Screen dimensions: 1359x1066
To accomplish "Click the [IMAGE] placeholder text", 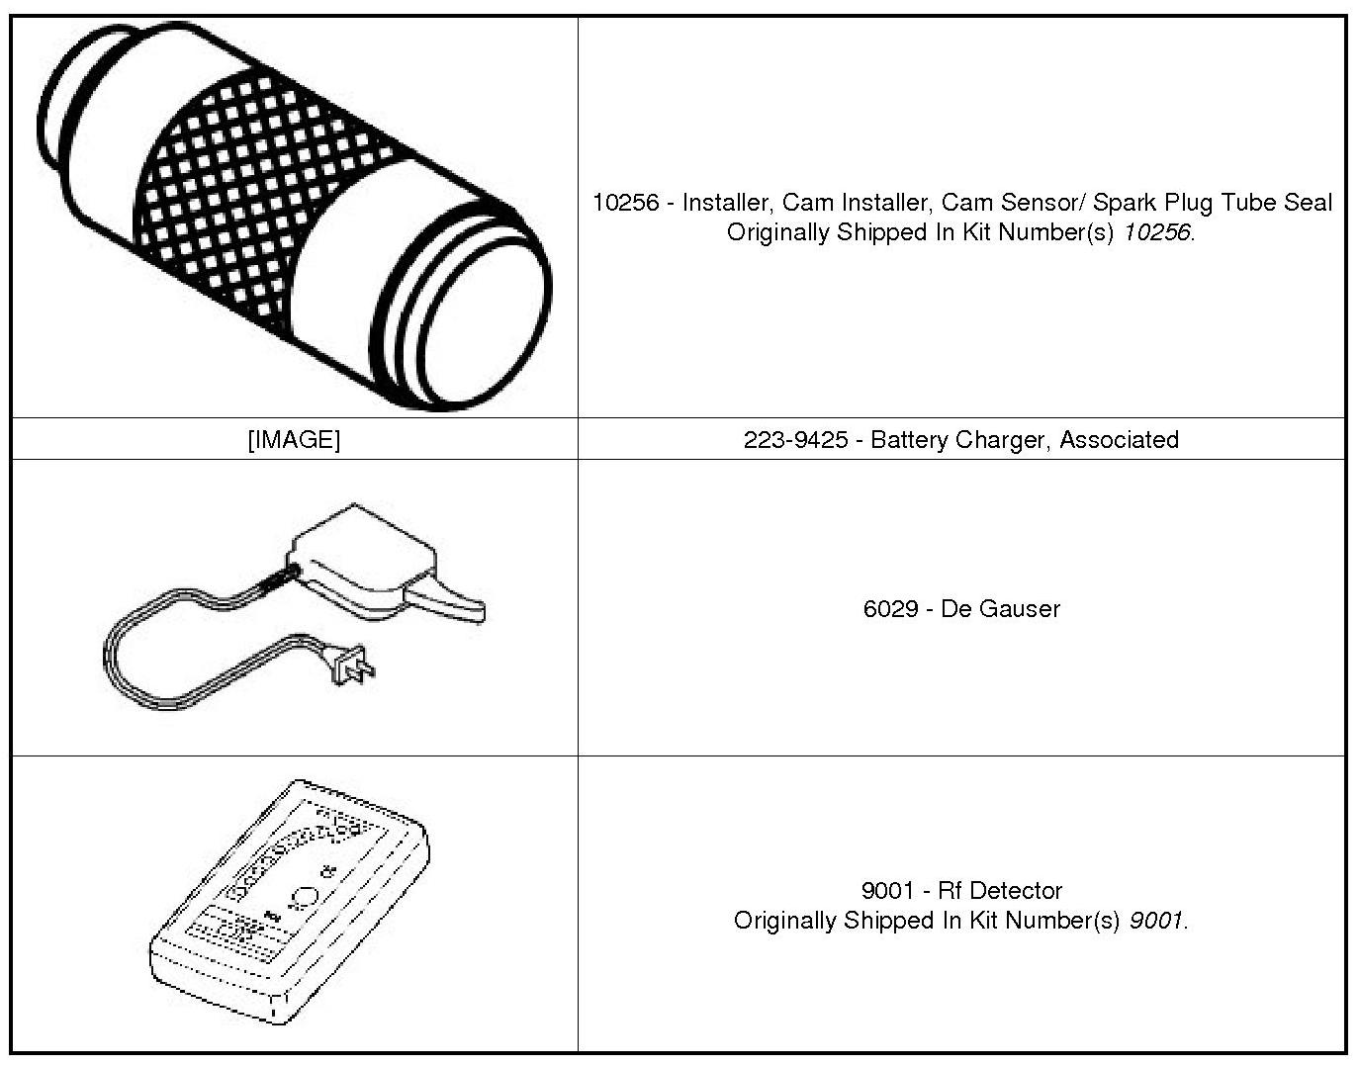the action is (294, 439).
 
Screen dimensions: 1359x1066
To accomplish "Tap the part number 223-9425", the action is (795, 439).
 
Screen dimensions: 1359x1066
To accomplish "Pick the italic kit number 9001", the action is (1155, 921).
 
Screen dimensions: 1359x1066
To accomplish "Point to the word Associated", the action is (1119, 439).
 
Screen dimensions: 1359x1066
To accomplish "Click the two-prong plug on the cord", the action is (354, 667).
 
